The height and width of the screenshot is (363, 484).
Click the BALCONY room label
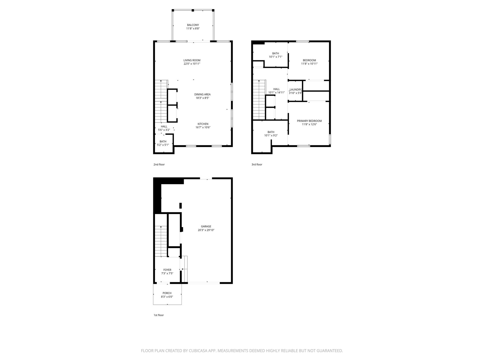[x=193, y=25]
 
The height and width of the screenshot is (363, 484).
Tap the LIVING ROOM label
[x=192, y=60]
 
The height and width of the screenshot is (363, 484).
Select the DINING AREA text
[x=202, y=95]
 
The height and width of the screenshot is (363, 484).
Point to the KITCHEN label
[x=203, y=124]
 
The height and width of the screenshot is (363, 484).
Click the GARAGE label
[x=206, y=226]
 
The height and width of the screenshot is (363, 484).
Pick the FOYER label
[x=167, y=270]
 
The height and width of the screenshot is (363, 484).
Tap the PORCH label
[x=167, y=293]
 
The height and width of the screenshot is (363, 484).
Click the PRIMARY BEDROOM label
[x=309, y=121]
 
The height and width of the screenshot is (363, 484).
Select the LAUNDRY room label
[x=295, y=89]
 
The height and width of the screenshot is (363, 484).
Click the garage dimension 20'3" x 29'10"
[x=206, y=230]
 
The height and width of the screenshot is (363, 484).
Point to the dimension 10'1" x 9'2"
[x=271, y=136]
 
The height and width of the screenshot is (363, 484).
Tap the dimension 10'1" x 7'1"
[x=276, y=57]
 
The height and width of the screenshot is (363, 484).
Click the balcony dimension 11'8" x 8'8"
[x=193, y=29]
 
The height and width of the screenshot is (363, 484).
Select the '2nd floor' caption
[x=159, y=165]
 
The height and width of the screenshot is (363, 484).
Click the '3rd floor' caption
[x=257, y=165]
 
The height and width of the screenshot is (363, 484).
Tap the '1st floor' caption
[x=159, y=315]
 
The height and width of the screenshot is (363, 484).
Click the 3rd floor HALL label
[x=277, y=89]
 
